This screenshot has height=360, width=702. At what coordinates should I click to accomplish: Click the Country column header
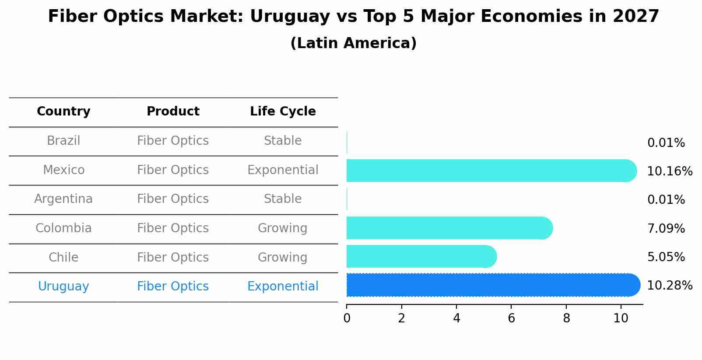pos(63,112)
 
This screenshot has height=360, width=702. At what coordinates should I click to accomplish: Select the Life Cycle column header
pos(283,112)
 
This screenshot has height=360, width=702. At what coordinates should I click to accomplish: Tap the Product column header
pos(173,112)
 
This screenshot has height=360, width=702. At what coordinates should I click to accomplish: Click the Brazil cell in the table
pos(63,141)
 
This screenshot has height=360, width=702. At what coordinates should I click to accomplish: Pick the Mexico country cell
pos(63,170)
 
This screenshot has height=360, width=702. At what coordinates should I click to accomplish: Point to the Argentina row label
pos(63,199)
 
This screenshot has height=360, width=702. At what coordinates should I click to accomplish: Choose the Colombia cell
pos(63,228)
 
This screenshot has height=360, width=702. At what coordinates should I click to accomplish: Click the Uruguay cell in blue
pos(63,287)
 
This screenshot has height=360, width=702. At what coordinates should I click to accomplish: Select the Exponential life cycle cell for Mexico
pos(283,170)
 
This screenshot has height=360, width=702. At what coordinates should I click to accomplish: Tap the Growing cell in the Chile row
pos(283,257)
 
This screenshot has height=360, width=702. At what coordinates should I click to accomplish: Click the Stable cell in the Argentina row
pos(283,199)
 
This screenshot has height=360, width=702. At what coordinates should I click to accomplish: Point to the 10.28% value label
pos(670,286)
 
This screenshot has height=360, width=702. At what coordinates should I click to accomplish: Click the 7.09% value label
pos(666,229)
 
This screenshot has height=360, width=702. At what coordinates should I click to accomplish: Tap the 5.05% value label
pos(666,257)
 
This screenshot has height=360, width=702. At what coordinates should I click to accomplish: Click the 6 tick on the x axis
pos(511,318)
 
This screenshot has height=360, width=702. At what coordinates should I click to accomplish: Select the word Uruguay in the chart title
pos(290,17)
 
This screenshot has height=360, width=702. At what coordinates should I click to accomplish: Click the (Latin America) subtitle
pos(353,43)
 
